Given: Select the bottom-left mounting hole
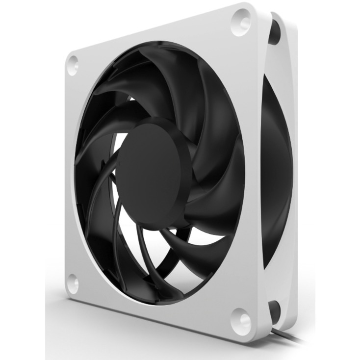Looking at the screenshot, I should click(73, 283).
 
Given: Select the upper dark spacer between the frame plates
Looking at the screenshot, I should click(274, 34).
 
